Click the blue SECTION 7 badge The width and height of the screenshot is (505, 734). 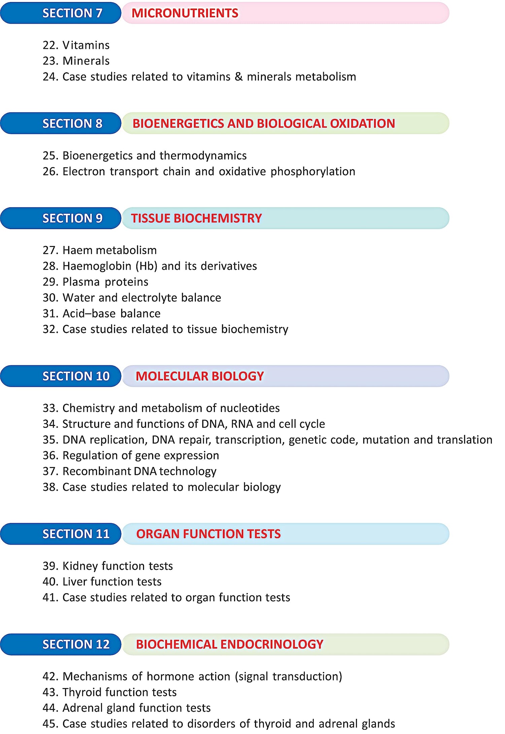[x=61, y=13]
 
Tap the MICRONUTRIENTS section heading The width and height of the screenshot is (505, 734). [x=184, y=13]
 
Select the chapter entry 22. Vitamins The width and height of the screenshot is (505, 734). [x=76, y=45]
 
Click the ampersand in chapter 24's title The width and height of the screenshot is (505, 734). [x=238, y=77]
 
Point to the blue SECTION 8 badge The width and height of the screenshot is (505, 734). [x=61, y=123]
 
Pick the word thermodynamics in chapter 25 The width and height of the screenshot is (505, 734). [x=203, y=156]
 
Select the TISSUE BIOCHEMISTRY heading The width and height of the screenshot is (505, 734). [x=196, y=218]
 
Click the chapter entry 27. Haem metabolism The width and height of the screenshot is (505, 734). [x=100, y=250]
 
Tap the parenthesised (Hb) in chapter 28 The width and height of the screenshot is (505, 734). [x=146, y=266]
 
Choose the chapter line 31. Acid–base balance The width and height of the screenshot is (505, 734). [x=101, y=314]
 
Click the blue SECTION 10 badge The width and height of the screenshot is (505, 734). [x=61, y=376]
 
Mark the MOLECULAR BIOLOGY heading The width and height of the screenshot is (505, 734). [x=200, y=376]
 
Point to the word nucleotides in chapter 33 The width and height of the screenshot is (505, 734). [x=250, y=408]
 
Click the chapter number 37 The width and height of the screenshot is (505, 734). [x=49, y=471]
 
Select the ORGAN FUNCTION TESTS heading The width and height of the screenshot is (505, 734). [x=208, y=534]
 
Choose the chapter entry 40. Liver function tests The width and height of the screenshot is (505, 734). [x=102, y=582]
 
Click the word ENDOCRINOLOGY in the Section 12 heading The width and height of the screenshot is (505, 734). [x=272, y=644]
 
